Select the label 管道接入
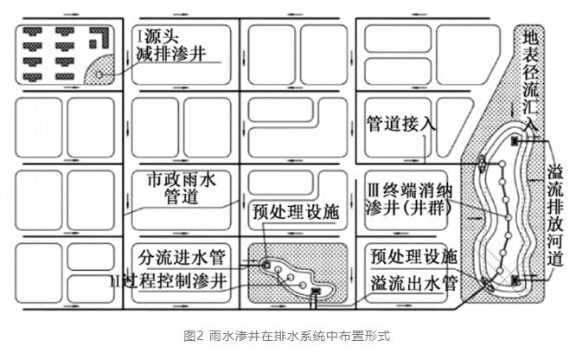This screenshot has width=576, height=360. click(399, 122)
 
